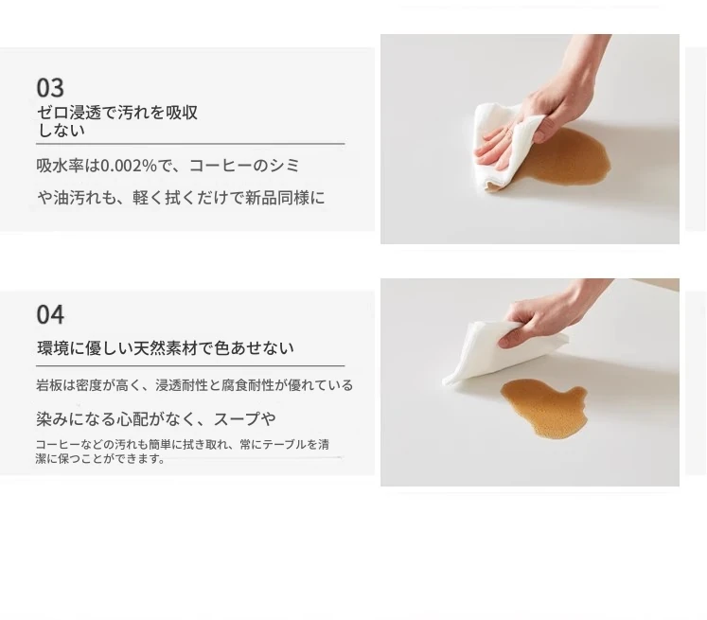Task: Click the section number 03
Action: (50, 87)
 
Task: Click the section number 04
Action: (50, 314)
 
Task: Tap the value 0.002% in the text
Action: (128, 166)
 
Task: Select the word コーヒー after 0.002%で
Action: (220, 166)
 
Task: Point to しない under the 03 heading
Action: (61, 131)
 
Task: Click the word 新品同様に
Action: (285, 198)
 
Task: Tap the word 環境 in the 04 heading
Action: (53, 348)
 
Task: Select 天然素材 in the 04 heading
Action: (166, 348)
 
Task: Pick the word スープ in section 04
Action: (237, 419)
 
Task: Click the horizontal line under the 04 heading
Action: (190, 365)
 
